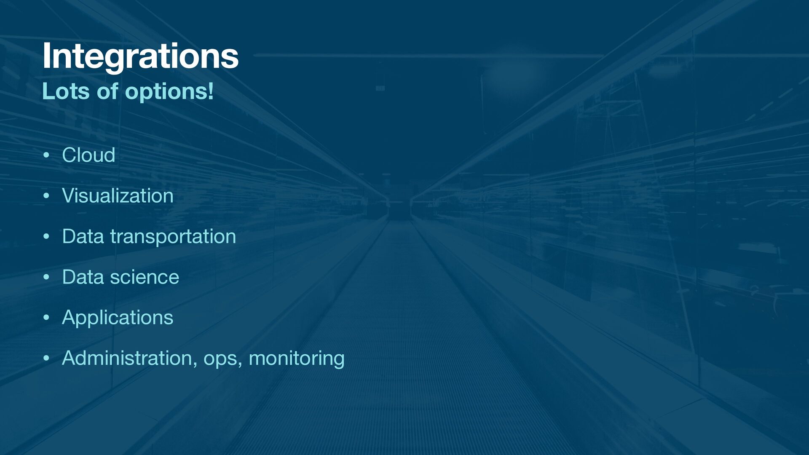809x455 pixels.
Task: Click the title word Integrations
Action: (140, 57)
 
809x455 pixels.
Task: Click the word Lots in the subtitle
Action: (66, 91)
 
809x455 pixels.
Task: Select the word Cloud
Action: (88, 155)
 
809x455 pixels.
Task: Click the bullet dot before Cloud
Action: (46, 155)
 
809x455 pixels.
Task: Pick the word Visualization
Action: (118, 195)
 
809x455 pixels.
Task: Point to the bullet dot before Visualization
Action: (46, 196)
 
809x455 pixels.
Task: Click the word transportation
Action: (173, 237)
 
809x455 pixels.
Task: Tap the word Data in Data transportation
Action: (83, 236)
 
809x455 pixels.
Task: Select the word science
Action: (145, 277)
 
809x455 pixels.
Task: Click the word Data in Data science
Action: (83, 277)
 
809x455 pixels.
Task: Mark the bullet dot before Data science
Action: (46, 277)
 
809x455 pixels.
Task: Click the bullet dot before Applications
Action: (46, 318)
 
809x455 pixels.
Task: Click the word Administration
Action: (127, 358)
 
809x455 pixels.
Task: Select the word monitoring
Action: (297, 359)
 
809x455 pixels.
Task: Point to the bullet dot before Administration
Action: (46, 359)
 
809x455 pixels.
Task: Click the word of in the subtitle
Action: (107, 91)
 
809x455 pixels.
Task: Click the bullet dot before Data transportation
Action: (46, 237)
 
